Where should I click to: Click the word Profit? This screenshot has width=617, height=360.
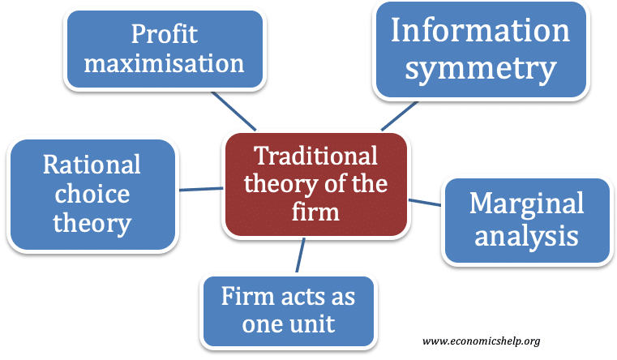coord(164,34)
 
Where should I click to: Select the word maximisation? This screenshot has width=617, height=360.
coord(164,63)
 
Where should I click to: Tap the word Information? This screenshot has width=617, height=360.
coord(480,30)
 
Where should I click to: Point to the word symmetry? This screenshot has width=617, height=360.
coord(481,69)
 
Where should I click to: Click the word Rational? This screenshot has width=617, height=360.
coord(92,164)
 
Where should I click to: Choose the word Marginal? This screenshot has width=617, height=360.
coord(526,204)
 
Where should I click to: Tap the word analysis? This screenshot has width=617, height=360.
coord(526,236)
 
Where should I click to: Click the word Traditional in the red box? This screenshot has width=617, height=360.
coord(315,156)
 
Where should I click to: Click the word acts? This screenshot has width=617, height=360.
coord(301,296)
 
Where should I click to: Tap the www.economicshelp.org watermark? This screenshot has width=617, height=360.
coord(481,341)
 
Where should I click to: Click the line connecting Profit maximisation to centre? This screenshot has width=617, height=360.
coord(234,111)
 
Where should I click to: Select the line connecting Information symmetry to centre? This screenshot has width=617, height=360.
coord(400,116)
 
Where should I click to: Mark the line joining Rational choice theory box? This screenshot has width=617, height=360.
coord(201,189)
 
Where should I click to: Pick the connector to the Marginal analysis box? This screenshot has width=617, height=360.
coord(425,203)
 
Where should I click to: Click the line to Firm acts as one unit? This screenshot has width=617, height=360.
coord(300,255)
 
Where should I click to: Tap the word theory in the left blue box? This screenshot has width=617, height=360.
coord(92,224)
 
